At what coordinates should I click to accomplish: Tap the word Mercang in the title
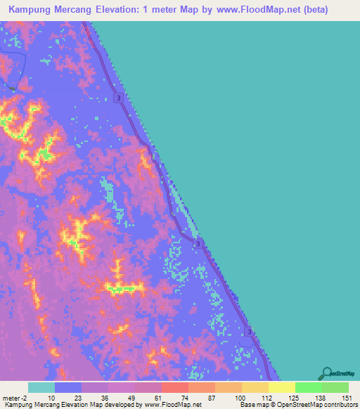(x=89, y=12)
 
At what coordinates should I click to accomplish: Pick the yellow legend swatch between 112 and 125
(x=281, y=387)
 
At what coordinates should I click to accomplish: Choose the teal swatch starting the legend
(x=41, y=387)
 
